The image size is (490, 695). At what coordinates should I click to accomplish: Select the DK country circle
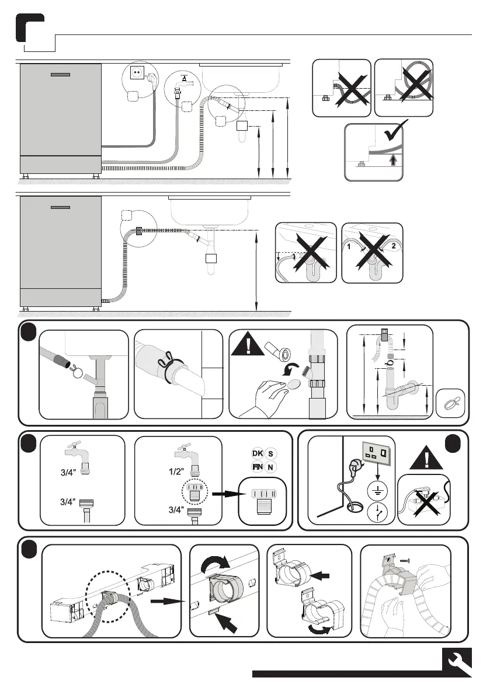point(257,454)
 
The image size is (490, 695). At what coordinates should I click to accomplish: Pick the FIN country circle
point(257,467)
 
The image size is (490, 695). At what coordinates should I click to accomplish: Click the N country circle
point(270,467)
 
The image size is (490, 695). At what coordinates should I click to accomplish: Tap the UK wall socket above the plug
point(377,451)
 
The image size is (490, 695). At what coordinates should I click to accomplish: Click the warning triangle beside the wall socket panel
point(424,457)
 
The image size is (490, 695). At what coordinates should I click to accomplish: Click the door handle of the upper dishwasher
point(61,74)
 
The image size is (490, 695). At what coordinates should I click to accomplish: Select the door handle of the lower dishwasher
point(61,207)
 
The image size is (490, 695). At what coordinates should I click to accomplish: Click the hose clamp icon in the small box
point(450,402)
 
